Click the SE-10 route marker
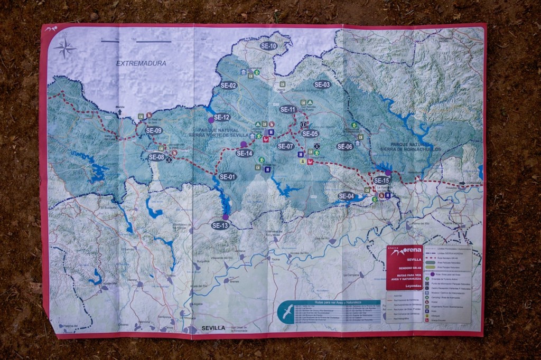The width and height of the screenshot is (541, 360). (x=268, y=46)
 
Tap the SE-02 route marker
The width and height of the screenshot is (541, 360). (x=228, y=85)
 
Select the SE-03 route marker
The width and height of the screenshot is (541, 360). (x=322, y=84)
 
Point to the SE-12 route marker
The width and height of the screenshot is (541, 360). (x=222, y=117)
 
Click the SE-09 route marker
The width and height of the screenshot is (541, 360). (x=154, y=130)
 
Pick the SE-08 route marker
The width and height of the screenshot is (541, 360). (x=156, y=157)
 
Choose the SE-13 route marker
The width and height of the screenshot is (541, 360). (x=220, y=225)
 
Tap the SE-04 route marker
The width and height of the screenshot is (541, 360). (x=346, y=196)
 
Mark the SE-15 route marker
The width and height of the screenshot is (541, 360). (x=381, y=180)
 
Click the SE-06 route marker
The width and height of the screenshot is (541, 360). (x=344, y=146)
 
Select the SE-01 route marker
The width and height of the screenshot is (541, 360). (x=227, y=177)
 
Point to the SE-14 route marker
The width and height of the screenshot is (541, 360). (x=245, y=153)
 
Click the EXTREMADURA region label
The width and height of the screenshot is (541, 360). (x=141, y=63)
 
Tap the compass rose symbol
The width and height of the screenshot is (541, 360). (x=64, y=48)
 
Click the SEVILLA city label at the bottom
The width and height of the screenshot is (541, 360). (x=213, y=328)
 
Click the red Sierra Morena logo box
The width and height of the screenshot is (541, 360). (x=404, y=268)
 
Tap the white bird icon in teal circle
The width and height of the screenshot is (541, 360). (x=286, y=312)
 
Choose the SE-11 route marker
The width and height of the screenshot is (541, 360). (x=288, y=109)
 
